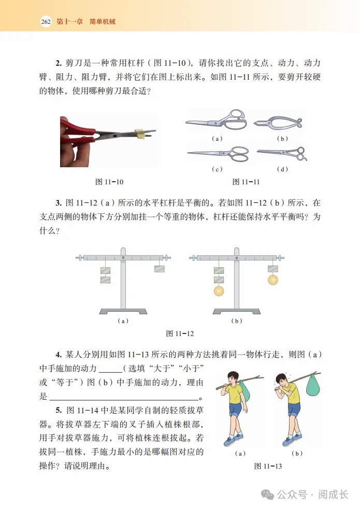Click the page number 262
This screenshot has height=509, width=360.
tap(45, 22)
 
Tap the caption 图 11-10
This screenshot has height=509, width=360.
tap(109, 182)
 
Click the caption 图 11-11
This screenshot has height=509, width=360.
tap(246, 182)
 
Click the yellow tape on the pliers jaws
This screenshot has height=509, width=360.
tap(139, 134)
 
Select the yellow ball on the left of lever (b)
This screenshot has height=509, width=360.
tap(219, 291)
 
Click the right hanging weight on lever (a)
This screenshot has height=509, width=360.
tap(160, 269)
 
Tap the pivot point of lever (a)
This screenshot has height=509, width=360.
tap(123, 257)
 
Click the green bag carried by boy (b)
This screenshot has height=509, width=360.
tap(312, 385)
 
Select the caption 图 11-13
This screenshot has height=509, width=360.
tap(268, 466)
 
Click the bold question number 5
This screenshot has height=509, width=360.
tap(58, 410)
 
